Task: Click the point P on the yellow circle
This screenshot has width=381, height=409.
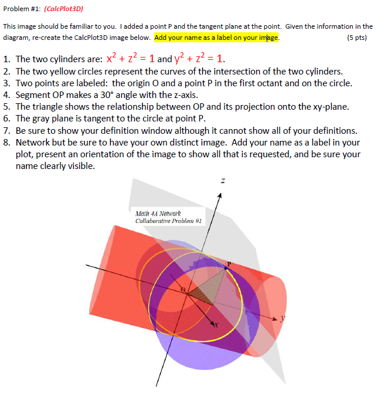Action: tap(227, 267)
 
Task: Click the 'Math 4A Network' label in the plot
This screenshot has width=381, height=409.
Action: tap(158, 214)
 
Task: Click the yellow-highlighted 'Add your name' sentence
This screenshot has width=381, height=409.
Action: tap(217, 37)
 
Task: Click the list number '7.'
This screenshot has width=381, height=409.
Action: tap(6, 130)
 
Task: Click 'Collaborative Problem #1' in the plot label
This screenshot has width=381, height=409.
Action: tap(169, 221)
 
